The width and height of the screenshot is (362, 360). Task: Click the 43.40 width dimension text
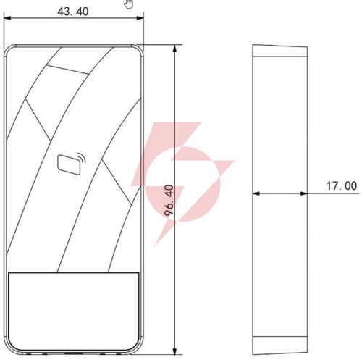pyautogui.click(x=73, y=12)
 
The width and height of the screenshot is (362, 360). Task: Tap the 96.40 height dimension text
pyautogui.click(x=169, y=200)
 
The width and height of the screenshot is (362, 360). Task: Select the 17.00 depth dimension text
pyautogui.click(x=342, y=186)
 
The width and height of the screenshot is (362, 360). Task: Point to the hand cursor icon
pyautogui.click(x=129, y=4)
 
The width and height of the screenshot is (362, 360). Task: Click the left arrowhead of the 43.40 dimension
pyautogui.click(x=8, y=18)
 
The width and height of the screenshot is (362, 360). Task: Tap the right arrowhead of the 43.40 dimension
pyautogui.click(x=140, y=18)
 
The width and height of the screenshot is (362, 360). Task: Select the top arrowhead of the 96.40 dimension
pyautogui.click(x=175, y=49)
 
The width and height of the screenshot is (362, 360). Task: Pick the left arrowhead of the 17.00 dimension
pyautogui.click(x=256, y=193)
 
